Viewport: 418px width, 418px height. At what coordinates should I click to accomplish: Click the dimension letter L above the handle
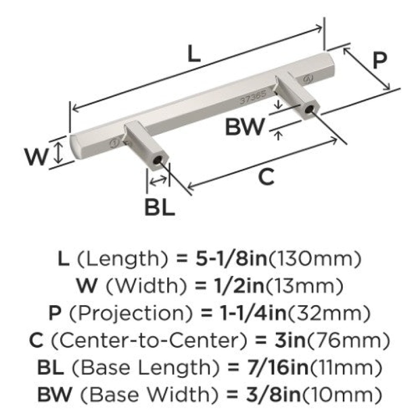coord(194,54)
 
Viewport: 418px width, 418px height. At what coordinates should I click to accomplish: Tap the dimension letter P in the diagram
coord(379,60)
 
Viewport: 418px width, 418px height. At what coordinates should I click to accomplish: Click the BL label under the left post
coord(159,207)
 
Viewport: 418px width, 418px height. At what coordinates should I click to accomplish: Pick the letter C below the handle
coord(266,177)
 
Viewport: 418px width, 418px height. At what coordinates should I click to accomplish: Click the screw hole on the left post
coord(158,160)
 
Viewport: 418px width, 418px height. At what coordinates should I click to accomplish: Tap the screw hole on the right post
coord(309,109)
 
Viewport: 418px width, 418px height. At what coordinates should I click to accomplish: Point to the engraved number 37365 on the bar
coord(253,97)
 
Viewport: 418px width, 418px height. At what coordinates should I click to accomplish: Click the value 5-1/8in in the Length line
coord(231,259)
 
